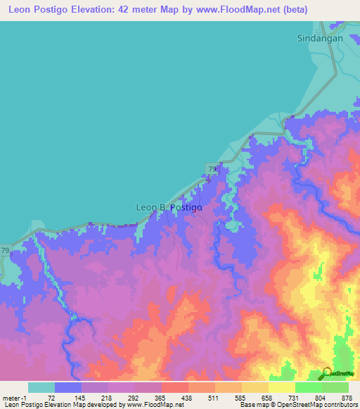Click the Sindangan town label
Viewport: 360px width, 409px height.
pyautogui.click(x=320, y=39)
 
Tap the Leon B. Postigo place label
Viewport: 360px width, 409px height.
pyautogui.click(x=169, y=207)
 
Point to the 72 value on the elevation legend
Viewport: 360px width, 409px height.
pyautogui.click(x=50, y=397)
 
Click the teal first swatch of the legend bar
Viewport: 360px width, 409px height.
pyautogui.click(x=41, y=387)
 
